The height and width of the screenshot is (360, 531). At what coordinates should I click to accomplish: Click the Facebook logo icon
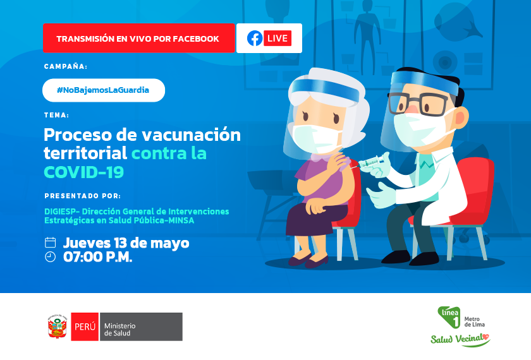click(x=255, y=39)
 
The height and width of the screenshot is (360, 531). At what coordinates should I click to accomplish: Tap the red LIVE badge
click(x=278, y=39)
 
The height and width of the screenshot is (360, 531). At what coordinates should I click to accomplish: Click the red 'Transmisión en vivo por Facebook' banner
click(x=139, y=39)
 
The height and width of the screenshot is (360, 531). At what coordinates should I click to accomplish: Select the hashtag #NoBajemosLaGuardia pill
click(x=104, y=90)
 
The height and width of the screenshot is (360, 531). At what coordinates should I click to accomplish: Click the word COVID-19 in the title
click(x=84, y=172)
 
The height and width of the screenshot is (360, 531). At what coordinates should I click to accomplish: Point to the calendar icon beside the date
click(x=50, y=243)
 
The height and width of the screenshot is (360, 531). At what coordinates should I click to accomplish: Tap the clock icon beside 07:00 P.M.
click(x=50, y=257)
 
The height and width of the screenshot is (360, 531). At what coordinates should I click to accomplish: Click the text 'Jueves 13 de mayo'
click(x=126, y=243)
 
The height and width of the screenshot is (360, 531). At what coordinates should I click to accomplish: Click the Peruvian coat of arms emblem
click(x=58, y=327)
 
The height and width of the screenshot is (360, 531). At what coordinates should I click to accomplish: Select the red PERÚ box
click(x=85, y=327)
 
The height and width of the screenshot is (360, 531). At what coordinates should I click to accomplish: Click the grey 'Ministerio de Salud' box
click(x=141, y=327)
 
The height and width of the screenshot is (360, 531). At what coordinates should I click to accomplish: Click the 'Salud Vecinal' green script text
click(x=460, y=339)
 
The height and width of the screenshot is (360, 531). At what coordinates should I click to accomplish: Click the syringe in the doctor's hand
click(x=372, y=163)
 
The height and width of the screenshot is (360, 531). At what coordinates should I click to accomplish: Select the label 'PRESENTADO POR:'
click(x=83, y=196)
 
